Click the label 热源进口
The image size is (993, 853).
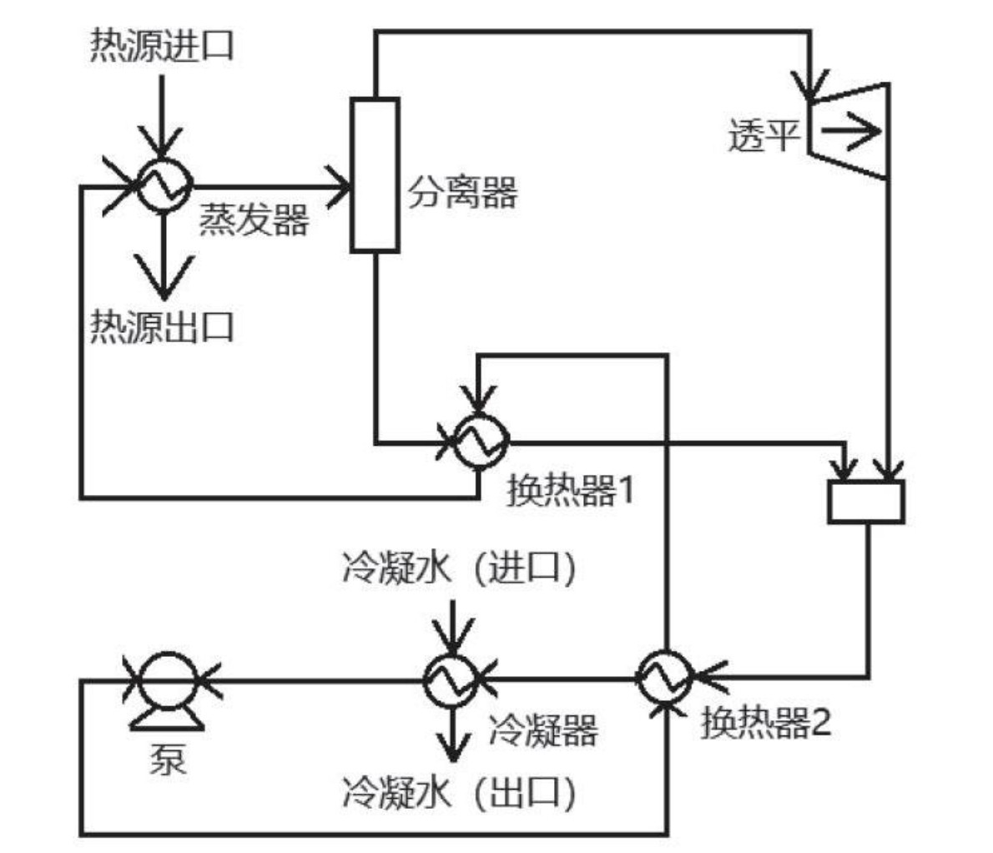(162, 46)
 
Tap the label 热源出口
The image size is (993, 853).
(162, 326)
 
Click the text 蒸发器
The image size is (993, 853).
(254, 220)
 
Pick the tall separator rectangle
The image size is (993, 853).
(374, 174)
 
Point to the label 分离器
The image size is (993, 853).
(462, 193)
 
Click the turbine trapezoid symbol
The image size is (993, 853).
(849, 131)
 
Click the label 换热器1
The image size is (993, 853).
(571, 490)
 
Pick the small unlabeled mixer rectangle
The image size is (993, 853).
(865, 502)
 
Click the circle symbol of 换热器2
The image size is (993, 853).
(665, 678)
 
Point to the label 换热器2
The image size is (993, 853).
(765, 723)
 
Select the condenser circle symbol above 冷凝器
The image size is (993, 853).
(451, 679)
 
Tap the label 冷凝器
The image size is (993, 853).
(542, 731)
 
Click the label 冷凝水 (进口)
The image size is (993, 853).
(459, 570)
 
